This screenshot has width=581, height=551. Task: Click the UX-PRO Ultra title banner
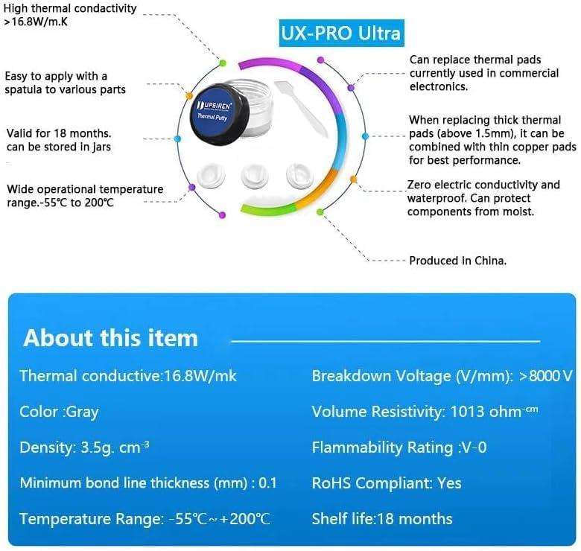coord(341,34)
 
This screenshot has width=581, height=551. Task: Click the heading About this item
coord(111,338)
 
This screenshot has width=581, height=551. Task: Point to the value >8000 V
coord(546,376)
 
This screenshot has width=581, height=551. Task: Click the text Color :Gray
coord(59,412)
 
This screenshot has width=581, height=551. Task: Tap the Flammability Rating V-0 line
coord(399,448)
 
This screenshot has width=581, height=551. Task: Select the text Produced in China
coord(457,261)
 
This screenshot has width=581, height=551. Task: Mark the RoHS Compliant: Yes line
coord(387,483)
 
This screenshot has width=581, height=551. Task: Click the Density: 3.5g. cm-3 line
coord(84,448)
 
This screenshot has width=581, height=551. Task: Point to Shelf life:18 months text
coord(381,518)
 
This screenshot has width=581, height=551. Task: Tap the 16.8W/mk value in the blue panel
coord(200,376)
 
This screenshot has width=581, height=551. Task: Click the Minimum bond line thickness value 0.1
coord(267,483)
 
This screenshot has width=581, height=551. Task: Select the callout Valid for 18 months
coord(59,133)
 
